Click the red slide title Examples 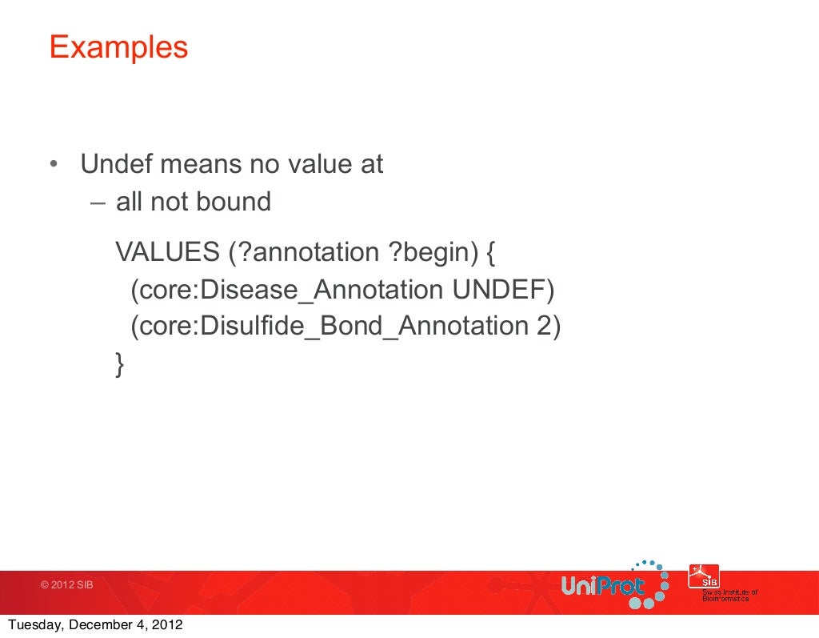118,47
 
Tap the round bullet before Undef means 52,166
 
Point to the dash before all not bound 97,202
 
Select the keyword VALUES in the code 167,252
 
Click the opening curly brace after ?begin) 491,253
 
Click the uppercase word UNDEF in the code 501,290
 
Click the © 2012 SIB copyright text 67,585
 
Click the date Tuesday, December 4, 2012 94,626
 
